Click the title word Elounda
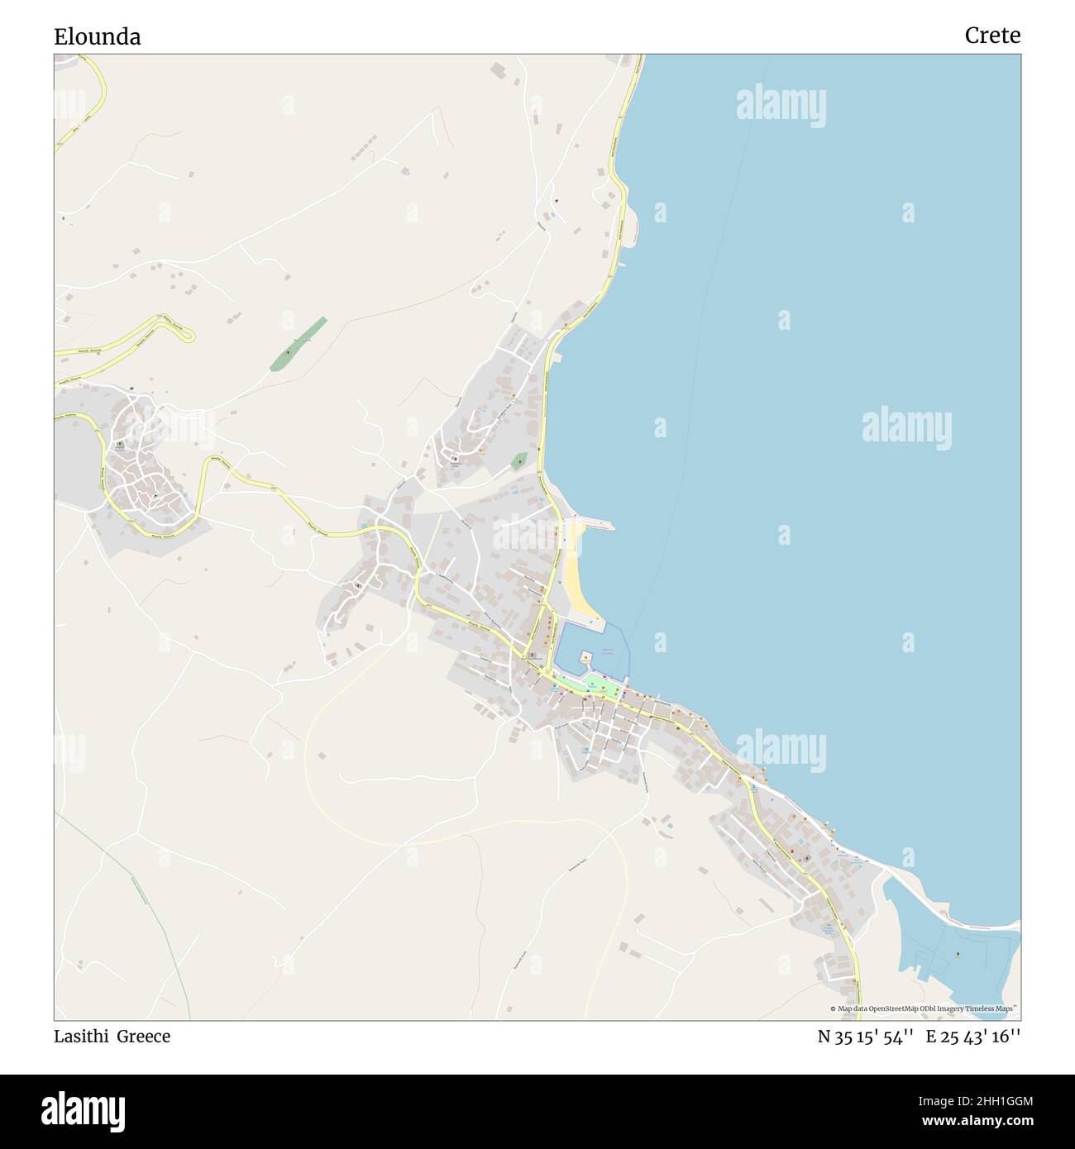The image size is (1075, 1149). [98, 36]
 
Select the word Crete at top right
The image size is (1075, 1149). [991, 36]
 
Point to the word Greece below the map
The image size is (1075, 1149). [143, 1037]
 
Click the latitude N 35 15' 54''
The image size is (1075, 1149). [865, 1037]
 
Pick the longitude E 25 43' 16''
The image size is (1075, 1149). [973, 1037]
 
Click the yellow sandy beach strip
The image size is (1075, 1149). [578, 579]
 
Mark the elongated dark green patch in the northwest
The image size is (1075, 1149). [297, 344]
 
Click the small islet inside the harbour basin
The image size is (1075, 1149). [586, 659]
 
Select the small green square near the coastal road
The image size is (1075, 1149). [518, 461]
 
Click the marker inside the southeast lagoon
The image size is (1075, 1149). [958, 955]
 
